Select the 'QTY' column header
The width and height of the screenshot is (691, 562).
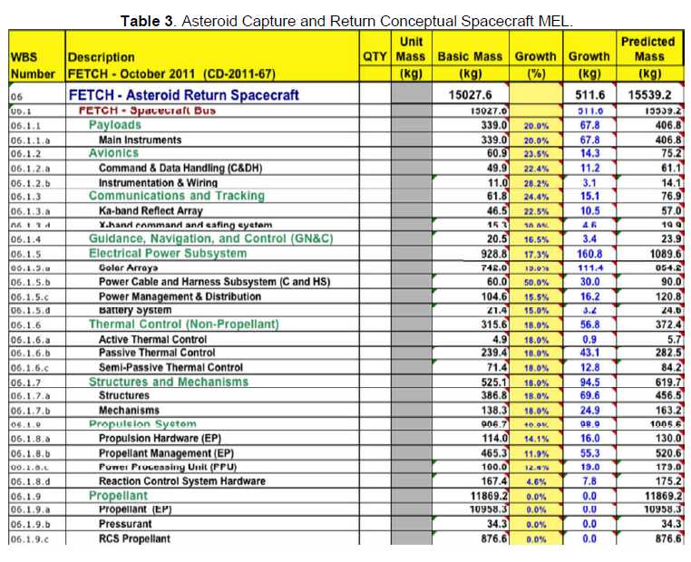click(374, 56)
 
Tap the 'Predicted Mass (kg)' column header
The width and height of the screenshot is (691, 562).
click(648, 57)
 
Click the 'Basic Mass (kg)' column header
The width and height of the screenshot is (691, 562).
click(471, 64)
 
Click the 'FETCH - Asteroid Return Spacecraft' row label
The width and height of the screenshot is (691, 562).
click(189, 93)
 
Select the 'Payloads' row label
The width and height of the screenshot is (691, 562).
click(114, 125)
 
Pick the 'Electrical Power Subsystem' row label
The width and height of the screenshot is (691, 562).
click(167, 254)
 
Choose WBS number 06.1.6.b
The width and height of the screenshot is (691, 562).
click(31, 354)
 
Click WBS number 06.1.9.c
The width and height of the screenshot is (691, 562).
click(31, 539)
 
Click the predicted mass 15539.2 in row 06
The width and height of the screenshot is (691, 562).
click(648, 93)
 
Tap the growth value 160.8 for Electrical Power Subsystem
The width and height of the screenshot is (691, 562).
click(589, 254)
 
